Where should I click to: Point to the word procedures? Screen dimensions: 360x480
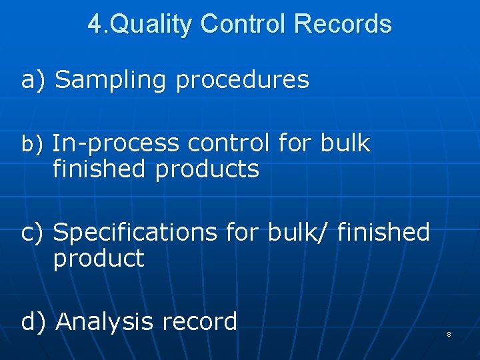(243, 80)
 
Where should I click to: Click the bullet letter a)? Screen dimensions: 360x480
(33, 80)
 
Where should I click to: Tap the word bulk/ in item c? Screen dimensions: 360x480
(298, 233)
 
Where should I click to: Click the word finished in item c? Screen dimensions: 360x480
(383, 233)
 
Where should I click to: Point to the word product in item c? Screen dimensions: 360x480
(99, 259)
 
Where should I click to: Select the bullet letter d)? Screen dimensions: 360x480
(33, 322)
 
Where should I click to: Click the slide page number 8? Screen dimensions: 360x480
(449, 334)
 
